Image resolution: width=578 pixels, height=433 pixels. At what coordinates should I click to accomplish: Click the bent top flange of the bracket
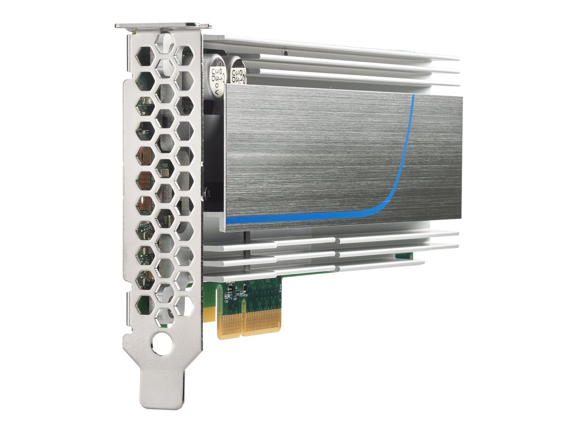click(x=163, y=26)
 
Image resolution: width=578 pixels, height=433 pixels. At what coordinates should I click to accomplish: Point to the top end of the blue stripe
click(x=414, y=95)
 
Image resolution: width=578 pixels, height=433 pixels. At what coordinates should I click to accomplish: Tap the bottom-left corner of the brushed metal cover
click(x=227, y=223)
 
